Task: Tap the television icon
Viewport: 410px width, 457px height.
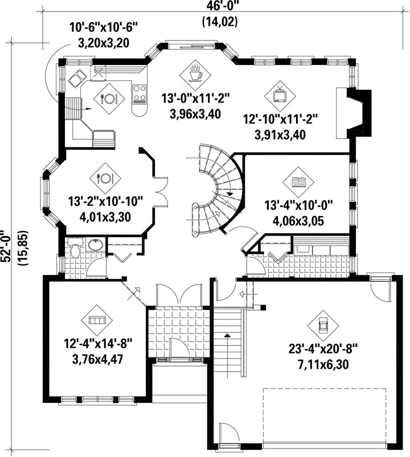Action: click(x=280, y=96)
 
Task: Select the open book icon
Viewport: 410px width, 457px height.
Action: click(x=298, y=182)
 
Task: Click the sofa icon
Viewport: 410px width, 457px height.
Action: click(x=97, y=320)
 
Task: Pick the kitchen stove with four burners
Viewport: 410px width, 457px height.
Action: click(x=140, y=94)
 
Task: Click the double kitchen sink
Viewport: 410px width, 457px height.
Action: click(x=77, y=79)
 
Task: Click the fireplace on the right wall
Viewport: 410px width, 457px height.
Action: click(x=354, y=113)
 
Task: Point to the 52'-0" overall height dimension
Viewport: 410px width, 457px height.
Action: click(x=6, y=246)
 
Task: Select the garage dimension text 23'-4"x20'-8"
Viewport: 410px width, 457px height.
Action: click(x=323, y=348)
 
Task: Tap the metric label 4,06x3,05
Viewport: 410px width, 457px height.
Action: click(x=298, y=221)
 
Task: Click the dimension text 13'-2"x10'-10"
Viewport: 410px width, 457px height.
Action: click(x=105, y=201)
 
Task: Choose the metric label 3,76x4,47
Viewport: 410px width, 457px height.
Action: click(x=97, y=359)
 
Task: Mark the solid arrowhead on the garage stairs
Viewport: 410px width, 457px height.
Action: click(x=227, y=335)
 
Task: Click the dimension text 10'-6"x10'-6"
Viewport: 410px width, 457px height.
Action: click(x=103, y=28)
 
